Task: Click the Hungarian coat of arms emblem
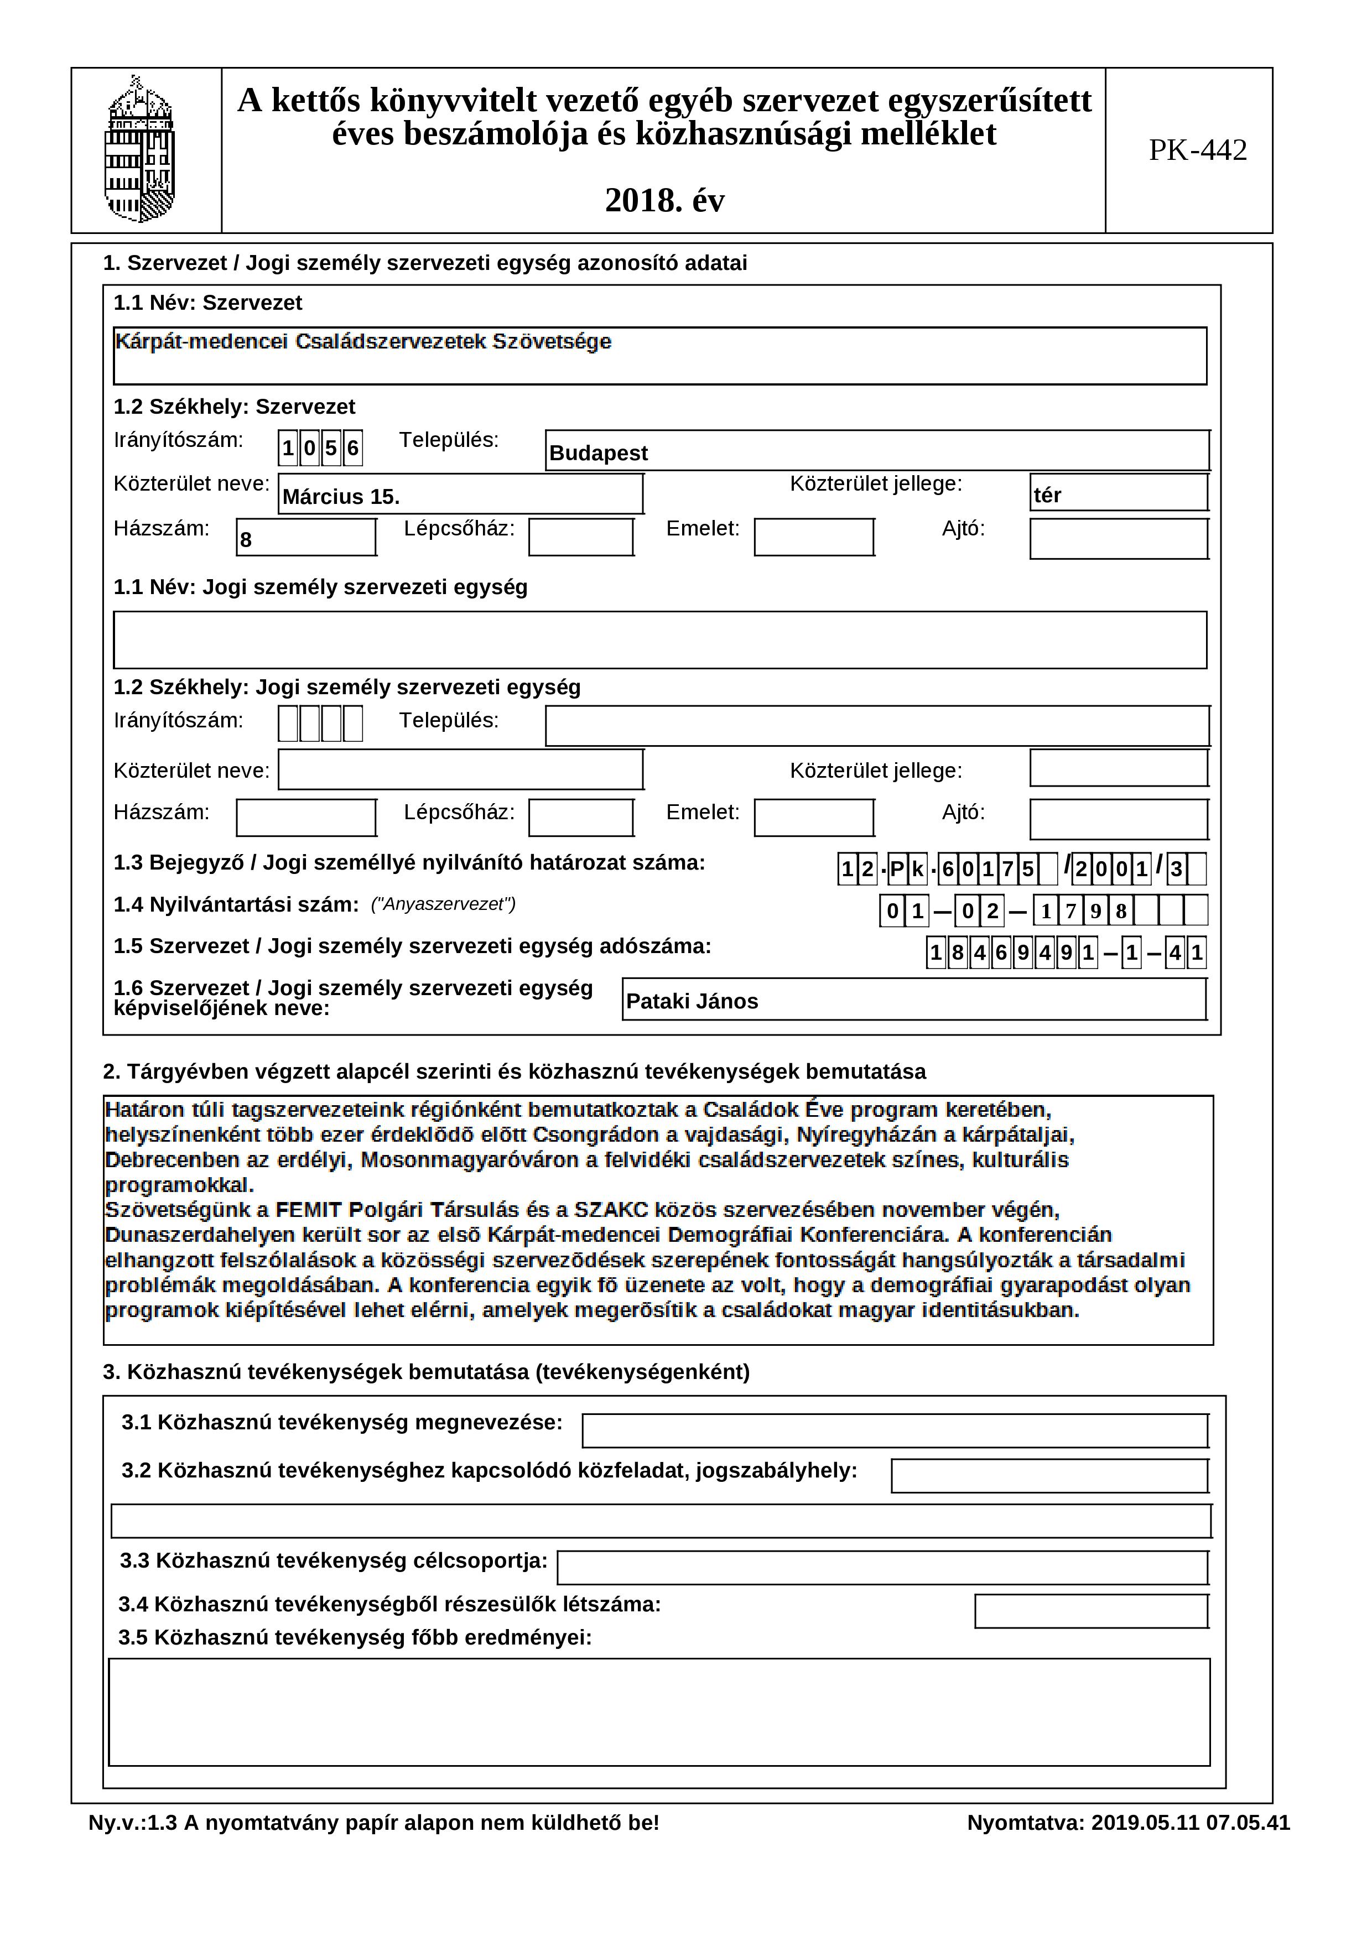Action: click(x=139, y=150)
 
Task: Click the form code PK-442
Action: click(x=1197, y=150)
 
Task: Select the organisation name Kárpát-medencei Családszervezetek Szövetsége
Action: click(x=363, y=341)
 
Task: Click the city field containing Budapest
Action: click(x=877, y=451)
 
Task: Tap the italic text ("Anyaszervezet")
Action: click(x=443, y=904)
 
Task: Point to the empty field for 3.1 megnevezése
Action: click(x=895, y=1431)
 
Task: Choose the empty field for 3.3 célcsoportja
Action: click(x=882, y=1567)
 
